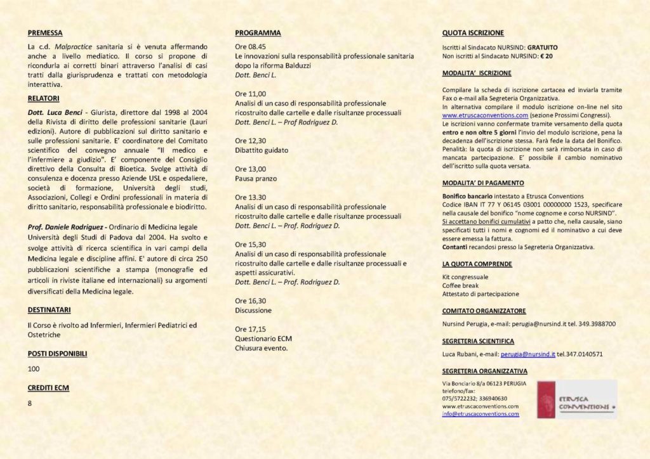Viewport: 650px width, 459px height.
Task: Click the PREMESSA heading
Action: (x=45, y=32)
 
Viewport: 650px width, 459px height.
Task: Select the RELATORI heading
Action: (x=44, y=98)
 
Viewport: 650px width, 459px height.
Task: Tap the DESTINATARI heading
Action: (x=50, y=310)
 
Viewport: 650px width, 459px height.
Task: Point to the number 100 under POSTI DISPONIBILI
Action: (x=34, y=368)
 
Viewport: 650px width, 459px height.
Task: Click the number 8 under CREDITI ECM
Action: (x=30, y=403)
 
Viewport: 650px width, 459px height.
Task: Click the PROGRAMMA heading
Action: (x=258, y=32)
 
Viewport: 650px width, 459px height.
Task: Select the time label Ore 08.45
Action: (x=250, y=47)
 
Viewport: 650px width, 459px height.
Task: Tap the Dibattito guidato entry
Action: (x=262, y=150)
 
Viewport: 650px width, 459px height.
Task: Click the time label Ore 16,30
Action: (x=250, y=301)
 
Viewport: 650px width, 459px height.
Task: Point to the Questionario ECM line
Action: (x=263, y=339)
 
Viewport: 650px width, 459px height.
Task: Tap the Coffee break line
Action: (x=461, y=285)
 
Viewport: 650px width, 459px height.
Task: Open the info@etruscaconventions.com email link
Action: (x=481, y=414)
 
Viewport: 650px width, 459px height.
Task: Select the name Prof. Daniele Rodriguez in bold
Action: (x=65, y=226)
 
